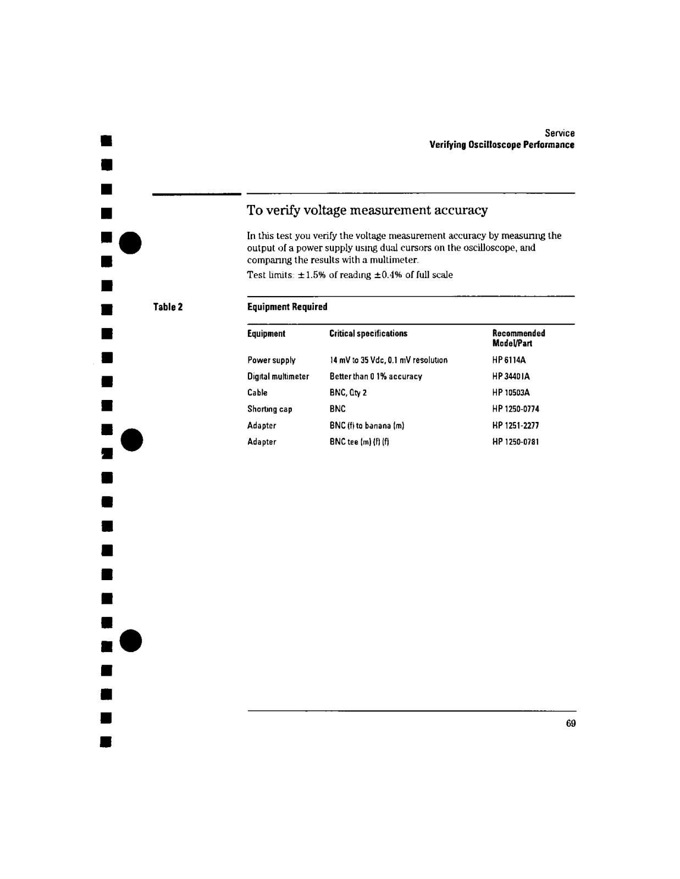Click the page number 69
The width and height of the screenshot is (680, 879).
coord(571,723)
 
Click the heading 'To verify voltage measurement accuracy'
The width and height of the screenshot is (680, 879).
coord(367,210)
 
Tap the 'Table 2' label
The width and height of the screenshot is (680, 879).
coord(168,307)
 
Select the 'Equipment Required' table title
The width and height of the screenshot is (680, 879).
coord(287,307)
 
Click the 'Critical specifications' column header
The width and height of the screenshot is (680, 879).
coord(368,333)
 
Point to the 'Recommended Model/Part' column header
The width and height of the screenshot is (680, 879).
coord(518,338)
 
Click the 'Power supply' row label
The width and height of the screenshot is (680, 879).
coord(271,360)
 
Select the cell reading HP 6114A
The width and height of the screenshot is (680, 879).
coord(509,360)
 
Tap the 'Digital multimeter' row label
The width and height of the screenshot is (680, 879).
coord(278,376)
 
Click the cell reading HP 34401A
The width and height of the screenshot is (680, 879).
coord(511,376)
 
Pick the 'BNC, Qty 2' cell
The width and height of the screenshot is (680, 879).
coord(348,393)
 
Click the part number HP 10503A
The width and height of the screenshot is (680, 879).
coord(511,393)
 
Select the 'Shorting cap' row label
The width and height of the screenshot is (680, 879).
coord(269,409)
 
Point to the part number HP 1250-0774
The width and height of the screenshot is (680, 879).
coord(516,409)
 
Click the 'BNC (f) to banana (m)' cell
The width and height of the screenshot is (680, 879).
coord(367,425)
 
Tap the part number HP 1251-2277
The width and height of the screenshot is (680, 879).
coord(516,425)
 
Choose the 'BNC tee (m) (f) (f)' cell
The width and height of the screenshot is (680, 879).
coord(360,442)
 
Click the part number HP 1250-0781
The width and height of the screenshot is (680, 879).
coord(516,442)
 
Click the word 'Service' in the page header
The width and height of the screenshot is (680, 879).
coord(560,133)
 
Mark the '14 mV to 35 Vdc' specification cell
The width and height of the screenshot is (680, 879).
coord(389,360)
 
